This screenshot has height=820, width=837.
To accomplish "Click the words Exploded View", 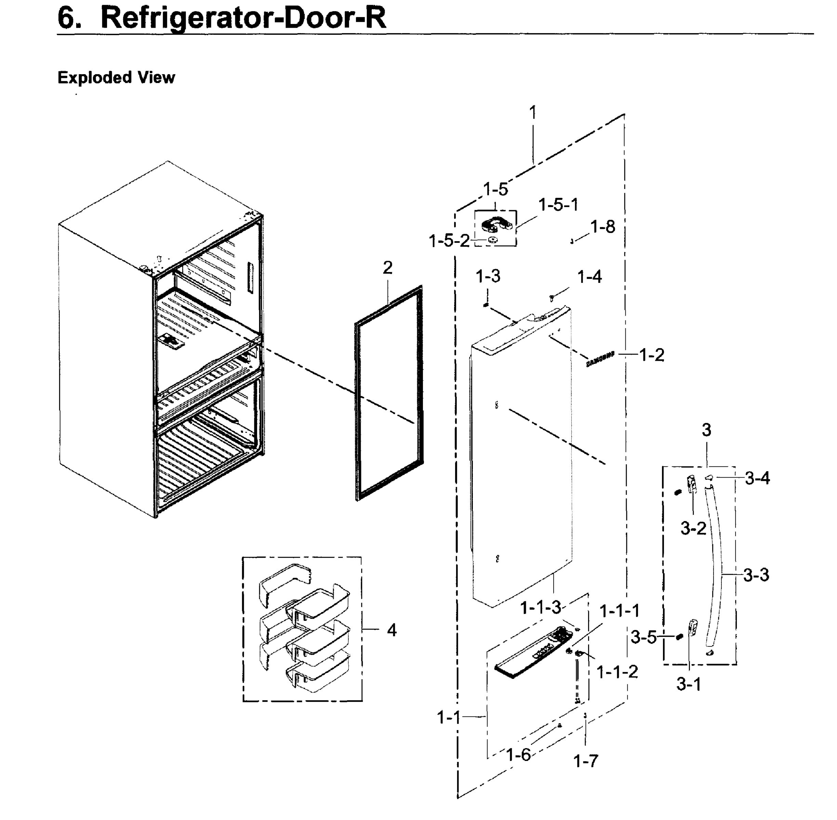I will click(116, 78).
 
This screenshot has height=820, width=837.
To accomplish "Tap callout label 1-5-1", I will click(558, 205).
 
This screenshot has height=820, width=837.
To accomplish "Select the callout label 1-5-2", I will click(449, 241).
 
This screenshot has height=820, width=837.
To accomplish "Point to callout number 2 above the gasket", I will click(387, 268).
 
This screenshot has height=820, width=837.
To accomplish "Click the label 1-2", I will click(651, 355).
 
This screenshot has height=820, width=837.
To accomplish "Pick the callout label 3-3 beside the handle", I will click(756, 575).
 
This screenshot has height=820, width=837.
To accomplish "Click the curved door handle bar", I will click(716, 569).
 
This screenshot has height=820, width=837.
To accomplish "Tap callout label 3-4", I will click(757, 478).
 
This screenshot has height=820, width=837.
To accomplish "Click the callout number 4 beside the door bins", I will click(391, 630).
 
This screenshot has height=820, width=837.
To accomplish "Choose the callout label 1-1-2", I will click(617, 671).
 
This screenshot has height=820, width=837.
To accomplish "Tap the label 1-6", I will click(518, 754).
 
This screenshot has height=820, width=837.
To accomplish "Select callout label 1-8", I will click(602, 227).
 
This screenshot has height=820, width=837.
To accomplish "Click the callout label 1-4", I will click(589, 277).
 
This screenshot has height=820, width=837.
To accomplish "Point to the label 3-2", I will click(693, 529).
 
